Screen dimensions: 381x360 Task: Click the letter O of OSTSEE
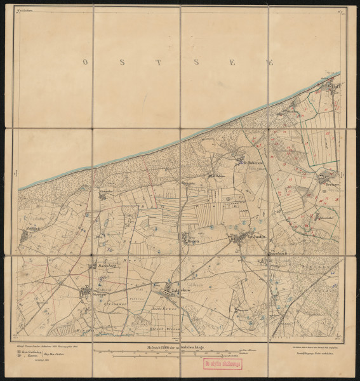pos(84,62)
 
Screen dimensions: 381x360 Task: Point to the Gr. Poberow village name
pos(252,162)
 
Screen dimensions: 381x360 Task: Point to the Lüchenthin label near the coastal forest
pos(108,190)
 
